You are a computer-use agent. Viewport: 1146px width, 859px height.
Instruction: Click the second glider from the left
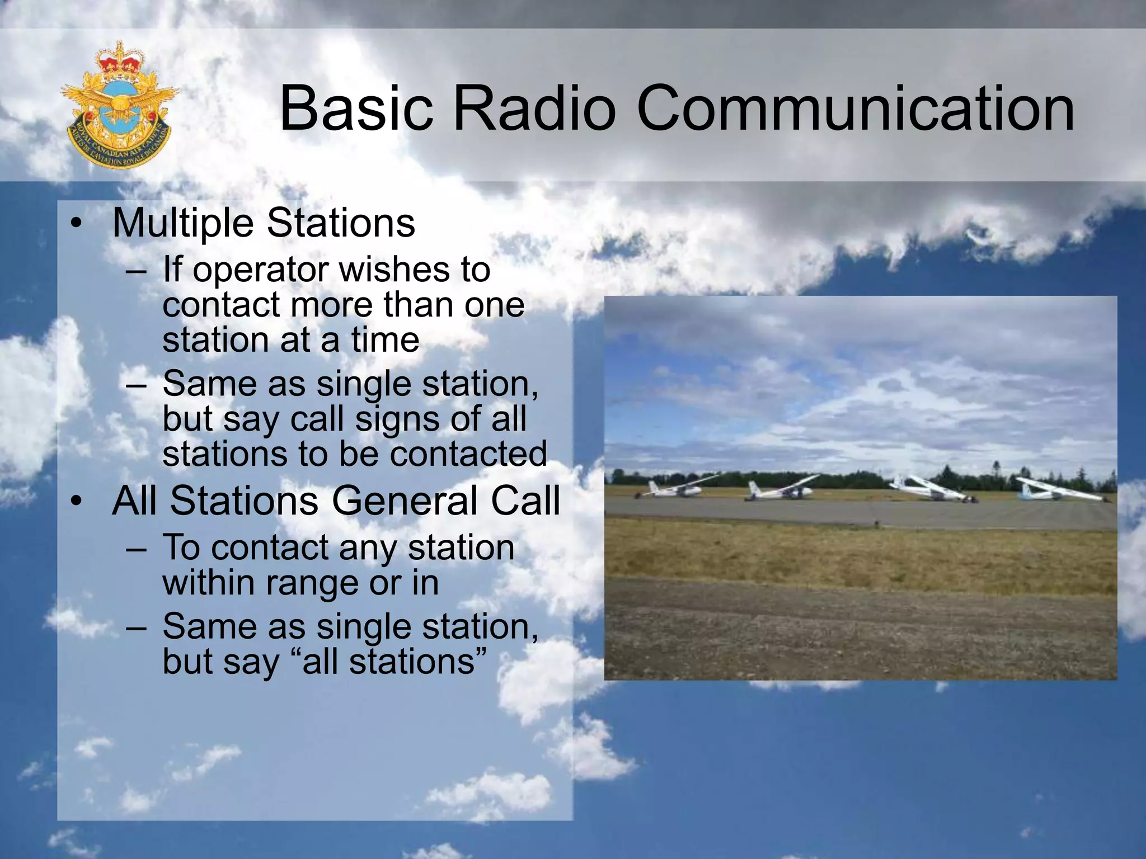pos(781,490)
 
